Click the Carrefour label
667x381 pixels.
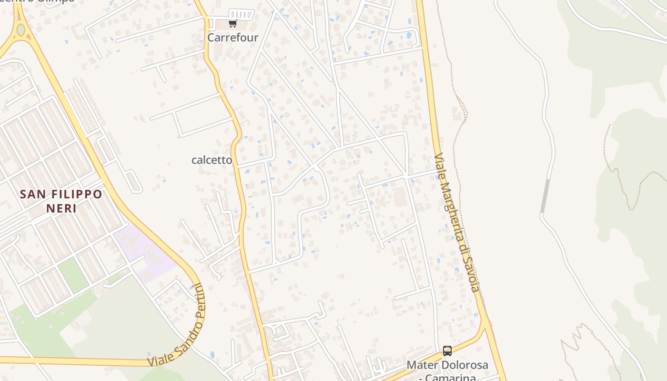[x=232, y=38]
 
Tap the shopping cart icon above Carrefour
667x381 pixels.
[x=232, y=24]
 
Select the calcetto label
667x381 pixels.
[x=212, y=160]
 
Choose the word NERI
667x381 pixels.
[x=61, y=208]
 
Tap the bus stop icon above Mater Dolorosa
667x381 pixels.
[x=447, y=351]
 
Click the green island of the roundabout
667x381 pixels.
[x=20, y=30]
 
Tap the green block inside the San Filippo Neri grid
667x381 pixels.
[x=73, y=275]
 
